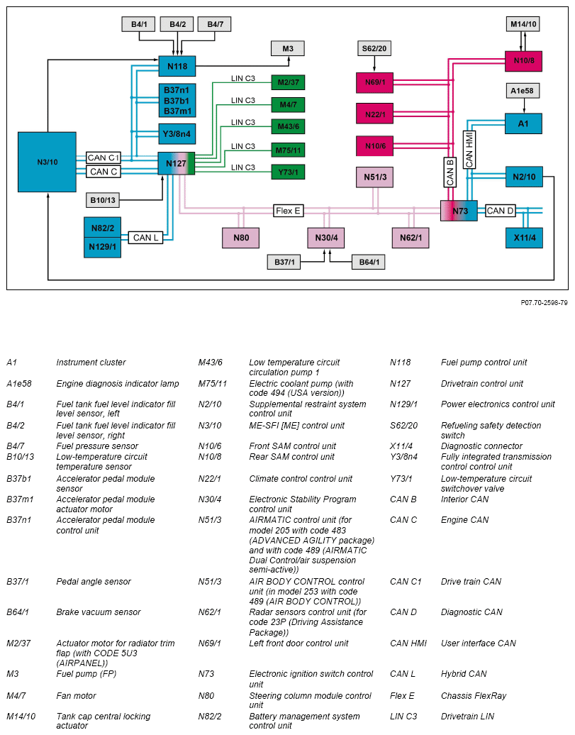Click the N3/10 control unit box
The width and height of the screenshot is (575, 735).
[47, 162]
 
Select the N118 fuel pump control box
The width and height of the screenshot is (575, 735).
[177, 66]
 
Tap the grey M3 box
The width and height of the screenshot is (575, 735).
[287, 48]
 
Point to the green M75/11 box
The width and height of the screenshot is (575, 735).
[288, 150]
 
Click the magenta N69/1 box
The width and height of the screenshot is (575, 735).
[374, 83]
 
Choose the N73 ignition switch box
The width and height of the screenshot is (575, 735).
[459, 211]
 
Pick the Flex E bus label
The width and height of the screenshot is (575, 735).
[289, 211]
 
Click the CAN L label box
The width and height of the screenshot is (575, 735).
[146, 238]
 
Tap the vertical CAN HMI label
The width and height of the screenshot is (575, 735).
[468, 149]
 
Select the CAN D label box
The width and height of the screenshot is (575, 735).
[501, 211]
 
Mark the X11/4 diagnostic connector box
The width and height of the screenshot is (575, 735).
[524, 238]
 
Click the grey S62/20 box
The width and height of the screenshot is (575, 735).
[374, 48]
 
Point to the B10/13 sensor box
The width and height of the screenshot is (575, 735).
[102, 200]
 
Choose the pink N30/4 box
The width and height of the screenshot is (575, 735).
[325, 238]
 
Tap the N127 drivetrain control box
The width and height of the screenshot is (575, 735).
[176, 164]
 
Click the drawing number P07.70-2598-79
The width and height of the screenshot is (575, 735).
[544, 302]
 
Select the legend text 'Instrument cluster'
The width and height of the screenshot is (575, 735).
[91, 363]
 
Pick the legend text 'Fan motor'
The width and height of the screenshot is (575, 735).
[76, 696]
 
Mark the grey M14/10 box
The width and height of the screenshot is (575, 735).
[524, 25]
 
